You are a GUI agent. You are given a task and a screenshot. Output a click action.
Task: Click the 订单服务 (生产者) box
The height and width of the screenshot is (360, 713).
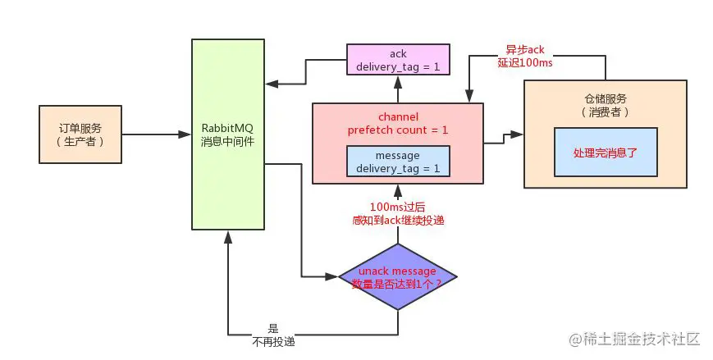point(80,134)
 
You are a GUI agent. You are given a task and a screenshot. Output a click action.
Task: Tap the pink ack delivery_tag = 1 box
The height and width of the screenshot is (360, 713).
point(398,61)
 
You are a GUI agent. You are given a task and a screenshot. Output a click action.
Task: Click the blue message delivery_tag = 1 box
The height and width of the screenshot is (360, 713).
point(398,162)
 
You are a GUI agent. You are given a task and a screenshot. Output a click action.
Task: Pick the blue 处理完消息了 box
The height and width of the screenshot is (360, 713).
point(605,153)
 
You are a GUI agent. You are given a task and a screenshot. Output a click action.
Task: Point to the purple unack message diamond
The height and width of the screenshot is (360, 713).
point(397,276)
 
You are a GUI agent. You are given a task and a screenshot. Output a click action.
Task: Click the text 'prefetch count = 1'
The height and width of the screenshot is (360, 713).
point(398,130)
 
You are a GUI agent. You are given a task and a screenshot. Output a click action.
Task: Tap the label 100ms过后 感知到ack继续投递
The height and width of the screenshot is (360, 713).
point(399,215)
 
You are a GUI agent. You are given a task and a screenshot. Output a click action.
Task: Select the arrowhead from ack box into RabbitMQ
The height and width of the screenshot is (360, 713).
point(272,84)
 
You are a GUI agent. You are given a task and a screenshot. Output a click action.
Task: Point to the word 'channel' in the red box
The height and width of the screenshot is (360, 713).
point(398,116)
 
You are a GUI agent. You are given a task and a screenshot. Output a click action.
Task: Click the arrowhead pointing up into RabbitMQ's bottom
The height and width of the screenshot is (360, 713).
point(228,235)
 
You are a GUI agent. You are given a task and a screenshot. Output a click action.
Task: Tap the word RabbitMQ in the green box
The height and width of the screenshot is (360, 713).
point(228,129)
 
